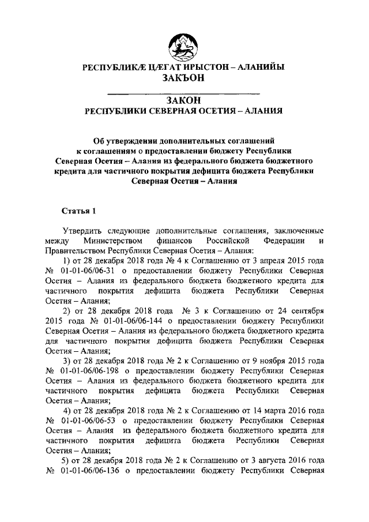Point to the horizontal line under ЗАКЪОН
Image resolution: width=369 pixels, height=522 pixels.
(x=184, y=92)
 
